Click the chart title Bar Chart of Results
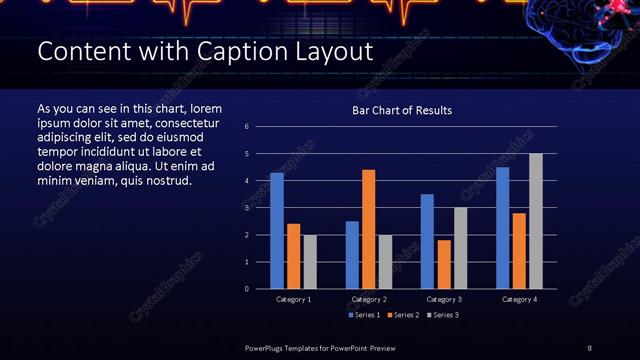click(x=401, y=110)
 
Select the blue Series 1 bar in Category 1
click(x=277, y=231)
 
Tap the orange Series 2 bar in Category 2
click(x=369, y=229)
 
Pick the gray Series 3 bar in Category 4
click(x=536, y=221)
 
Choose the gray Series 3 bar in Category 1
click(x=309, y=262)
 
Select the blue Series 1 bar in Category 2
click(x=352, y=255)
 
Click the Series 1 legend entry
click(x=363, y=315)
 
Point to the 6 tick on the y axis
click(x=247, y=127)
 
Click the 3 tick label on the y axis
click(x=247, y=208)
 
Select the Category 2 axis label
click(x=368, y=299)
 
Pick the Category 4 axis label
click(x=519, y=299)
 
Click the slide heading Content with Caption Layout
click(x=205, y=51)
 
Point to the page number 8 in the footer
click(x=589, y=347)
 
